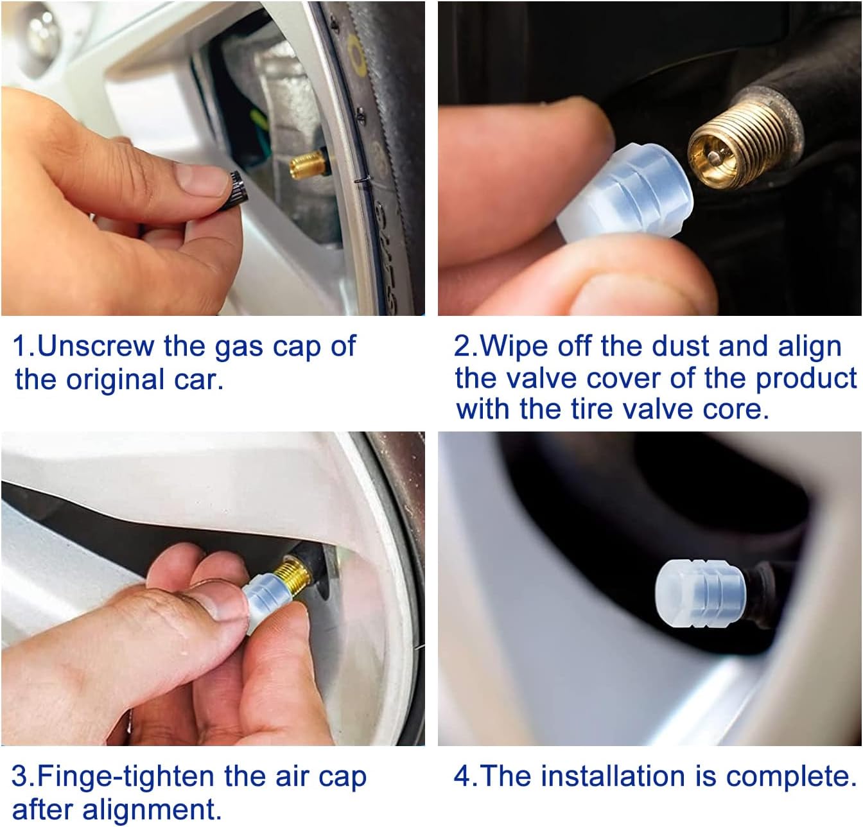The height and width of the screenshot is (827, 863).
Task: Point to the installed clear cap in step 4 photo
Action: tap(701, 593)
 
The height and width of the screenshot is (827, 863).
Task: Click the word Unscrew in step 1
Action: tap(96, 346)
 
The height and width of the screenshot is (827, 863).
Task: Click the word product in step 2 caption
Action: tap(806, 380)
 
